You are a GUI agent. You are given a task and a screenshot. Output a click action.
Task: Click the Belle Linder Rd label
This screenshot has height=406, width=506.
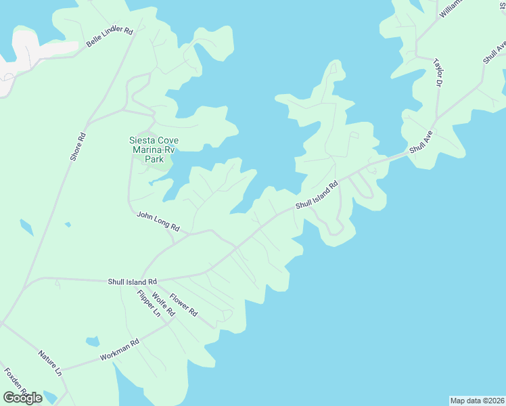110,37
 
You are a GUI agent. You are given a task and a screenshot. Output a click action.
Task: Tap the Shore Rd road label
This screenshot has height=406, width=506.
78,145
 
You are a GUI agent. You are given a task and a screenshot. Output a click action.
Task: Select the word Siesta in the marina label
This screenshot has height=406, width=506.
142,141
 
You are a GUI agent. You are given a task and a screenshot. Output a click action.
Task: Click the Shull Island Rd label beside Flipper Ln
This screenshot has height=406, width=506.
132,281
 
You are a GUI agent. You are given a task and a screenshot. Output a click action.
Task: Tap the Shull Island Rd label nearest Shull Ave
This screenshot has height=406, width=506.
316,195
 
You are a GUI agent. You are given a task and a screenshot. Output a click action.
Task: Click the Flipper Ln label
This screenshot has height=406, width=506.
148,304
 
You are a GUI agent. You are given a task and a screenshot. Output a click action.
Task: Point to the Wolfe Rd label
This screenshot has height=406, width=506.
164,304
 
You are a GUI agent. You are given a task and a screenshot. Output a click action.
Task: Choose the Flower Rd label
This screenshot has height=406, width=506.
183,304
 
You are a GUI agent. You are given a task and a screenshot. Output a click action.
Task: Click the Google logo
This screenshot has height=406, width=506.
22,398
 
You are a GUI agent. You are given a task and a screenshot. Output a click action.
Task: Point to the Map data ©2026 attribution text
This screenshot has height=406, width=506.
477,401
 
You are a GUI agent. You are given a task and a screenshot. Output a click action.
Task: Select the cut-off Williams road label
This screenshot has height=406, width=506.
450,7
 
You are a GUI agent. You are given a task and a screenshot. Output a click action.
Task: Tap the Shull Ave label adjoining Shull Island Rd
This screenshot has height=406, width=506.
419,145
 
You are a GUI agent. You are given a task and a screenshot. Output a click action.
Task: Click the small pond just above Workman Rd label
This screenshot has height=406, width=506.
93,341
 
